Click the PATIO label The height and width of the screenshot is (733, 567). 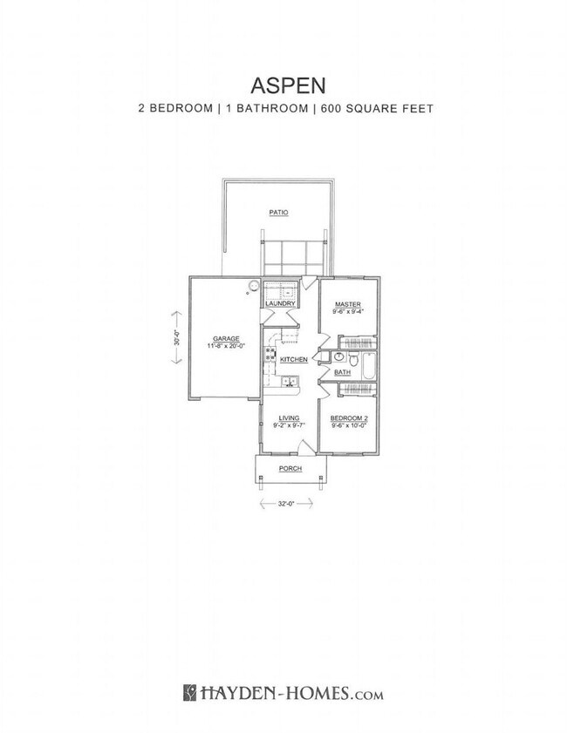click(278, 212)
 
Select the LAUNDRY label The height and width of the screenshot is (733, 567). click(282, 303)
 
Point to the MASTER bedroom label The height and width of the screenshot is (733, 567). click(348, 302)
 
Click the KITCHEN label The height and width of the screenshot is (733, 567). click(294, 359)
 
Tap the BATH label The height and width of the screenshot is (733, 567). click(342, 372)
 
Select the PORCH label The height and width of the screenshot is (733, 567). click(290, 469)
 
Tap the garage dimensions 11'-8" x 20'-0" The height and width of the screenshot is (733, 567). click(226, 346)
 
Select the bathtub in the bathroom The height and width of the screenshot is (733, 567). click(371, 366)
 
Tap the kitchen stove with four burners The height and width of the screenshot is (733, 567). click(270, 355)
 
